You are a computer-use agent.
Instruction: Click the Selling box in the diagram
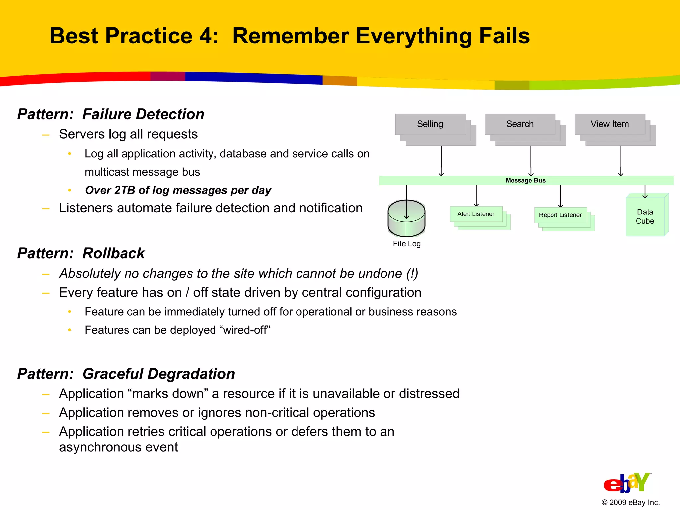tap(430, 124)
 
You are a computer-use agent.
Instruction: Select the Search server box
tap(520, 124)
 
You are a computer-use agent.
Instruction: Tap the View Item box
tap(610, 124)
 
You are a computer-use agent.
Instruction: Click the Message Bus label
tap(526, 180)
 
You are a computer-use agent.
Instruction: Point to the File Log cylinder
tap(406, 219)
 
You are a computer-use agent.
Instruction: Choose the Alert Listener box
tap(476, 214)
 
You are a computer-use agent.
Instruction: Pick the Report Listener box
tap(560, 215)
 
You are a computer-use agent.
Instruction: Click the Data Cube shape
tap(645, 216)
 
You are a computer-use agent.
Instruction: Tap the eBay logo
tap(627, 483)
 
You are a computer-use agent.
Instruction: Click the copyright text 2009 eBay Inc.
tap(631, 502)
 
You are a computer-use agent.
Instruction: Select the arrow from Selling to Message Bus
tap(441, 161)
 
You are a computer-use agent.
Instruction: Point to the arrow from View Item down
tap(621, 161)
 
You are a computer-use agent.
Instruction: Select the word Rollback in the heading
tap(114, 253)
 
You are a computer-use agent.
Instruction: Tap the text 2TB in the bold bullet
tap(125, 190)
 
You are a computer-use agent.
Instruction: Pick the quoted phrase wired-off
tap(245, 330)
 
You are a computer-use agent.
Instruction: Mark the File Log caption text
tap(407, 244)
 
